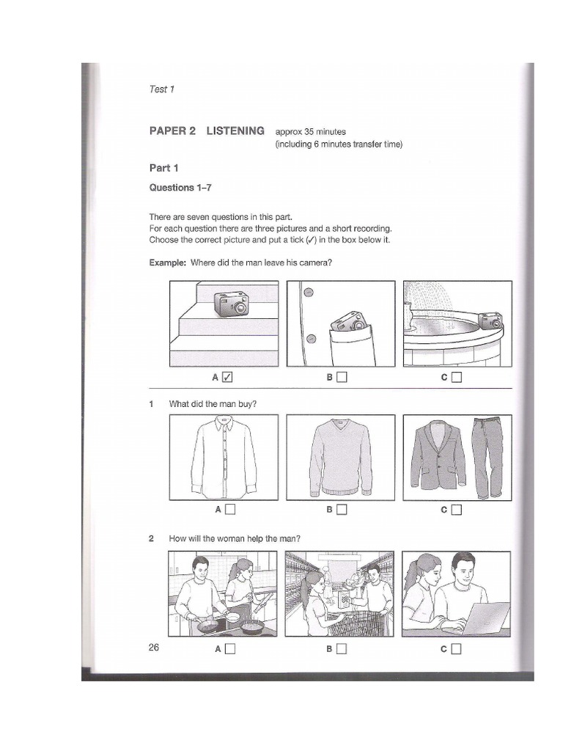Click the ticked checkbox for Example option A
pos(227,378)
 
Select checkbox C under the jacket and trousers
pos(457,510)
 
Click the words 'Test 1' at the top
pos(162,89)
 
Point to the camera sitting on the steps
pos(232,304)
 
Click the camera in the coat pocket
pos(348,321)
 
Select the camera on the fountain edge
pos(490,320)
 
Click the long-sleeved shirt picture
pos(224,456)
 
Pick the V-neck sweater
pos(340,457)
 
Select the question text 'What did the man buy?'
pos(213,403)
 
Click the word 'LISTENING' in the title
pos(235,131)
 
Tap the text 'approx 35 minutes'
pos(310,132)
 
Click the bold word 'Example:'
pos(168,263)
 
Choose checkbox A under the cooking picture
pos(230,648)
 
